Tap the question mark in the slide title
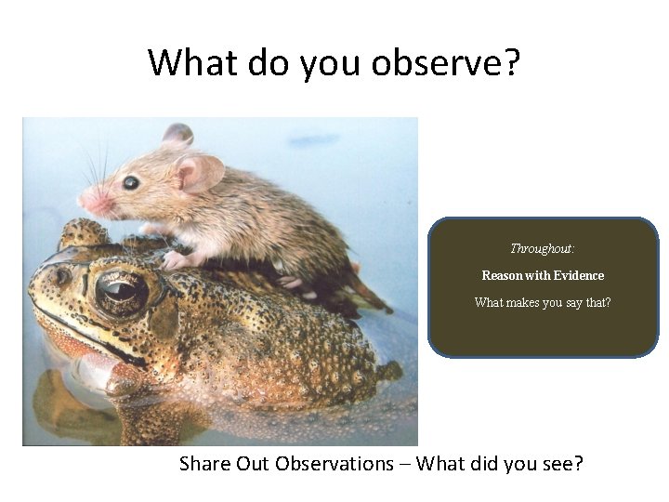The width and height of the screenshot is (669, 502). (511, 63)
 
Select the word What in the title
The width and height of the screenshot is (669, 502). (190, 63)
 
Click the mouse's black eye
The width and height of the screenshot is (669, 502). (130, 182)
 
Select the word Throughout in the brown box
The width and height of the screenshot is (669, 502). (541, 248)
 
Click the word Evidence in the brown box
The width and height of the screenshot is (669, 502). (579, 275)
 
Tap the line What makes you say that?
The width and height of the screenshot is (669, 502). (543, 302)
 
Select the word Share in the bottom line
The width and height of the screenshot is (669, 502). (204, 463)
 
